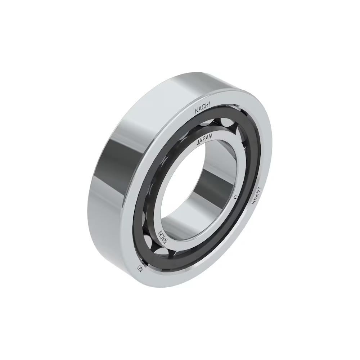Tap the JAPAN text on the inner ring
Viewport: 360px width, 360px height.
coord(206,139)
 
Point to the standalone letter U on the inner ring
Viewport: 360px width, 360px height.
coord(235,197)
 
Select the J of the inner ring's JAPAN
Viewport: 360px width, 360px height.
coord(198,143)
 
